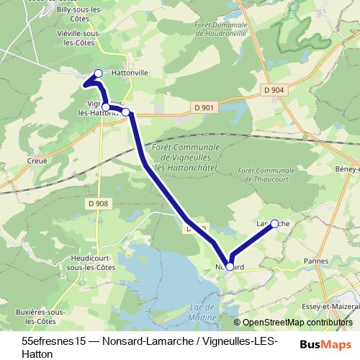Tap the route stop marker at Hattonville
(x=99, y=73)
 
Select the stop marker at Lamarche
(x=274, y=224)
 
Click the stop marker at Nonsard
(x=230, y=266)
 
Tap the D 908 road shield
(x=101, y=203)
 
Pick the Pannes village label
(x=316, y=261)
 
